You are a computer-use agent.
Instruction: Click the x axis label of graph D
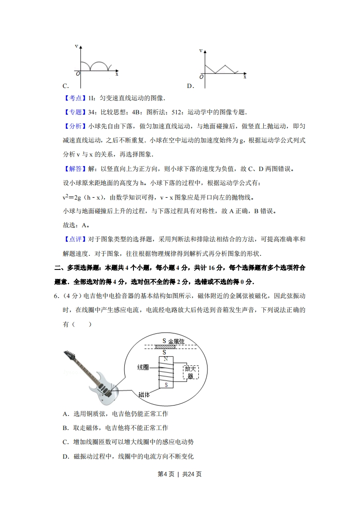[x=245, y=77]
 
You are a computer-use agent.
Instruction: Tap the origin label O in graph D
[x=202, y=77]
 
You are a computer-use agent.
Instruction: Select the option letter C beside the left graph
[x=65, y=86]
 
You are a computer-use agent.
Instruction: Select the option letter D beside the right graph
[x=190, y=86]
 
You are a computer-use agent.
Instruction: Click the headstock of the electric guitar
[x=69, y=355]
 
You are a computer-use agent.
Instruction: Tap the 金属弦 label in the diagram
[x=176, y=341]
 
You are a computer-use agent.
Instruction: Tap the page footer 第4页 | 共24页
[x=180, y=474]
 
